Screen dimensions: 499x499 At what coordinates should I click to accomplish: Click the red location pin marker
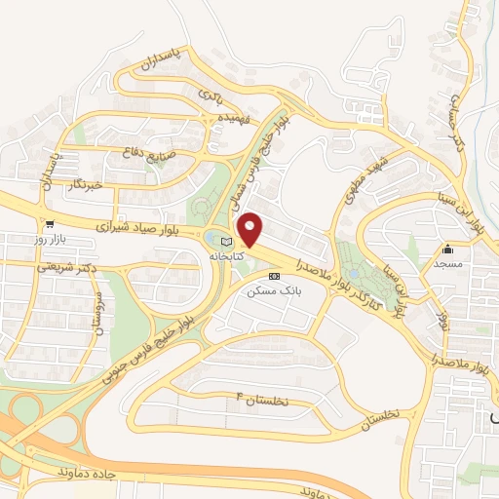pos(250,229)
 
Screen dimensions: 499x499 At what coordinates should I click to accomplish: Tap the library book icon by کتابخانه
pos(226,241)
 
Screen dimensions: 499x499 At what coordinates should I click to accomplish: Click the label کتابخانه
pos(225,255)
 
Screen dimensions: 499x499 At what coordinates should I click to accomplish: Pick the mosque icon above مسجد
pos(447,248)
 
